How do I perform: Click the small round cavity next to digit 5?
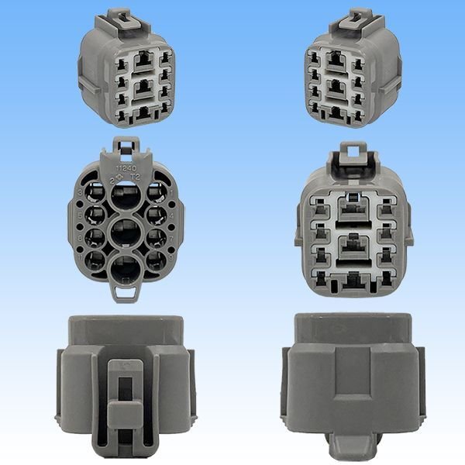95,212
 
